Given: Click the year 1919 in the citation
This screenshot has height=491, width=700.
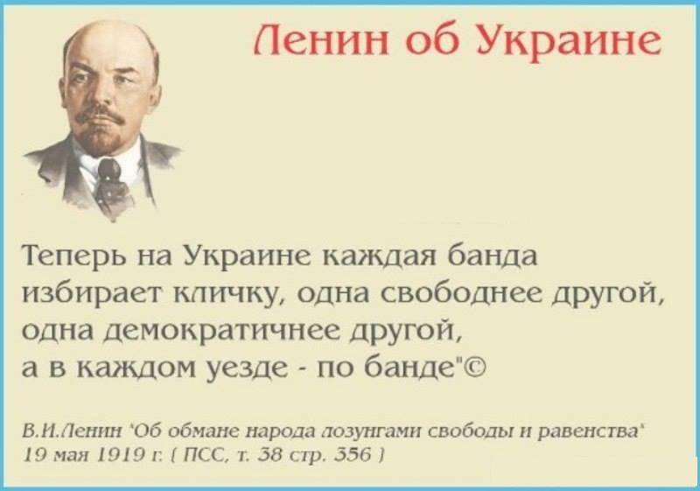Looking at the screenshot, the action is tap(105, 456).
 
